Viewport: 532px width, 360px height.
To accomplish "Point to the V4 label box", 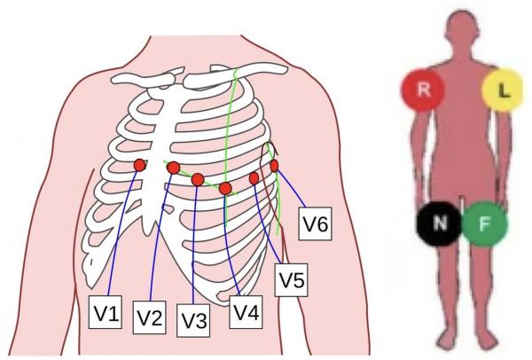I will (246, 311).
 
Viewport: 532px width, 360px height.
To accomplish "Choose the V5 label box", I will (292, 281).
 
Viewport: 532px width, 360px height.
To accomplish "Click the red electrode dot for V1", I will (140, 166).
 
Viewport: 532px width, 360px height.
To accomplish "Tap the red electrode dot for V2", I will (174, 168).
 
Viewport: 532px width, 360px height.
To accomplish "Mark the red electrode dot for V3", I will (198, 180).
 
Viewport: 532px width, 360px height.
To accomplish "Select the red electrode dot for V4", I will (225, 188).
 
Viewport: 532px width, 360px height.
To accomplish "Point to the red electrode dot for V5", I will (254, 178).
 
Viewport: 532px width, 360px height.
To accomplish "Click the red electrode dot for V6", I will (274, 166).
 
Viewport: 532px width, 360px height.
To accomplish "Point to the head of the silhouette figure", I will (462, 27).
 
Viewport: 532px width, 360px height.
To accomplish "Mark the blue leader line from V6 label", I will (293, 191).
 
